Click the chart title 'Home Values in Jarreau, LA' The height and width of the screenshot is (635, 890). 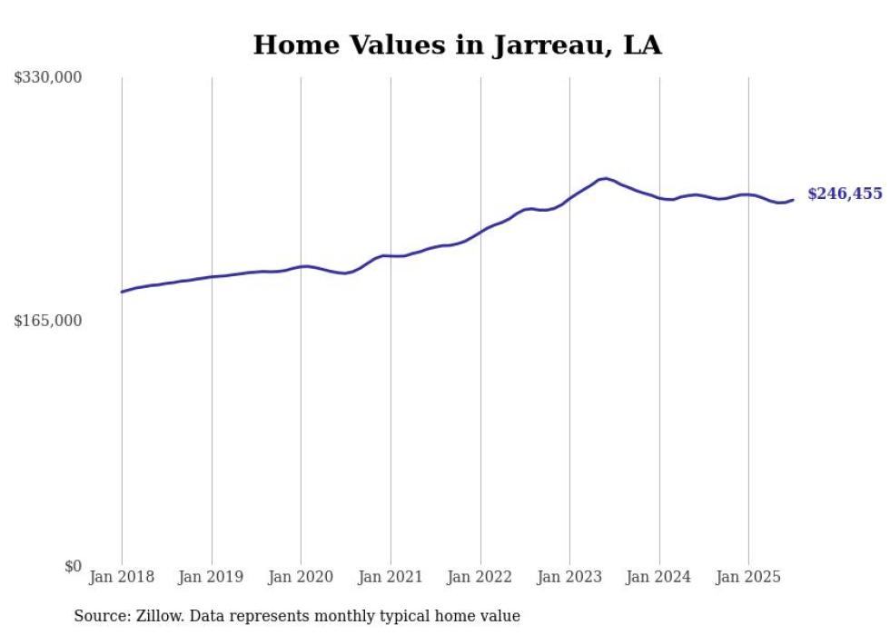click(x=457, y=45)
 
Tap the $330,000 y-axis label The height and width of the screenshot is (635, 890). click(x=48, y=78)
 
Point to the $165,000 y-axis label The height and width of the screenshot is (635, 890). click(x=48, y=321)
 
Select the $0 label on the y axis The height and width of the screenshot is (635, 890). click(x=73, y=566)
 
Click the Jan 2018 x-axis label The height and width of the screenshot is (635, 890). click(x=122, y=577)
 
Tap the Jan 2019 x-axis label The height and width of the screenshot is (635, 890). click(x=212, y=577)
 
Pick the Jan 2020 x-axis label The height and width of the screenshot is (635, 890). click(x=301, y=577)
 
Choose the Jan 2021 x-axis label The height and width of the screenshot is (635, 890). click(x=391, y=577)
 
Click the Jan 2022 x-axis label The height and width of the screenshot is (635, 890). click(x=480, y=577)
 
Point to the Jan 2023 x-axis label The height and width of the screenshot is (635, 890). click(x=569, y=577)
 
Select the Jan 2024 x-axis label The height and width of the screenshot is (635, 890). click(x=659, y=577)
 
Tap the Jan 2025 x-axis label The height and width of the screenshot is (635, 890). click(x=748, y=577)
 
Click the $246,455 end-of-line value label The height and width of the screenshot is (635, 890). click(x=845, y=193)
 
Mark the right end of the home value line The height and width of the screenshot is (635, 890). click(x=793, y=200)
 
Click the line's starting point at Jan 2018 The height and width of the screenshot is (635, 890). click(x=122, y=292)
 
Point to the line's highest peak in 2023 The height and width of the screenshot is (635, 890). click(x=605, y=178)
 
